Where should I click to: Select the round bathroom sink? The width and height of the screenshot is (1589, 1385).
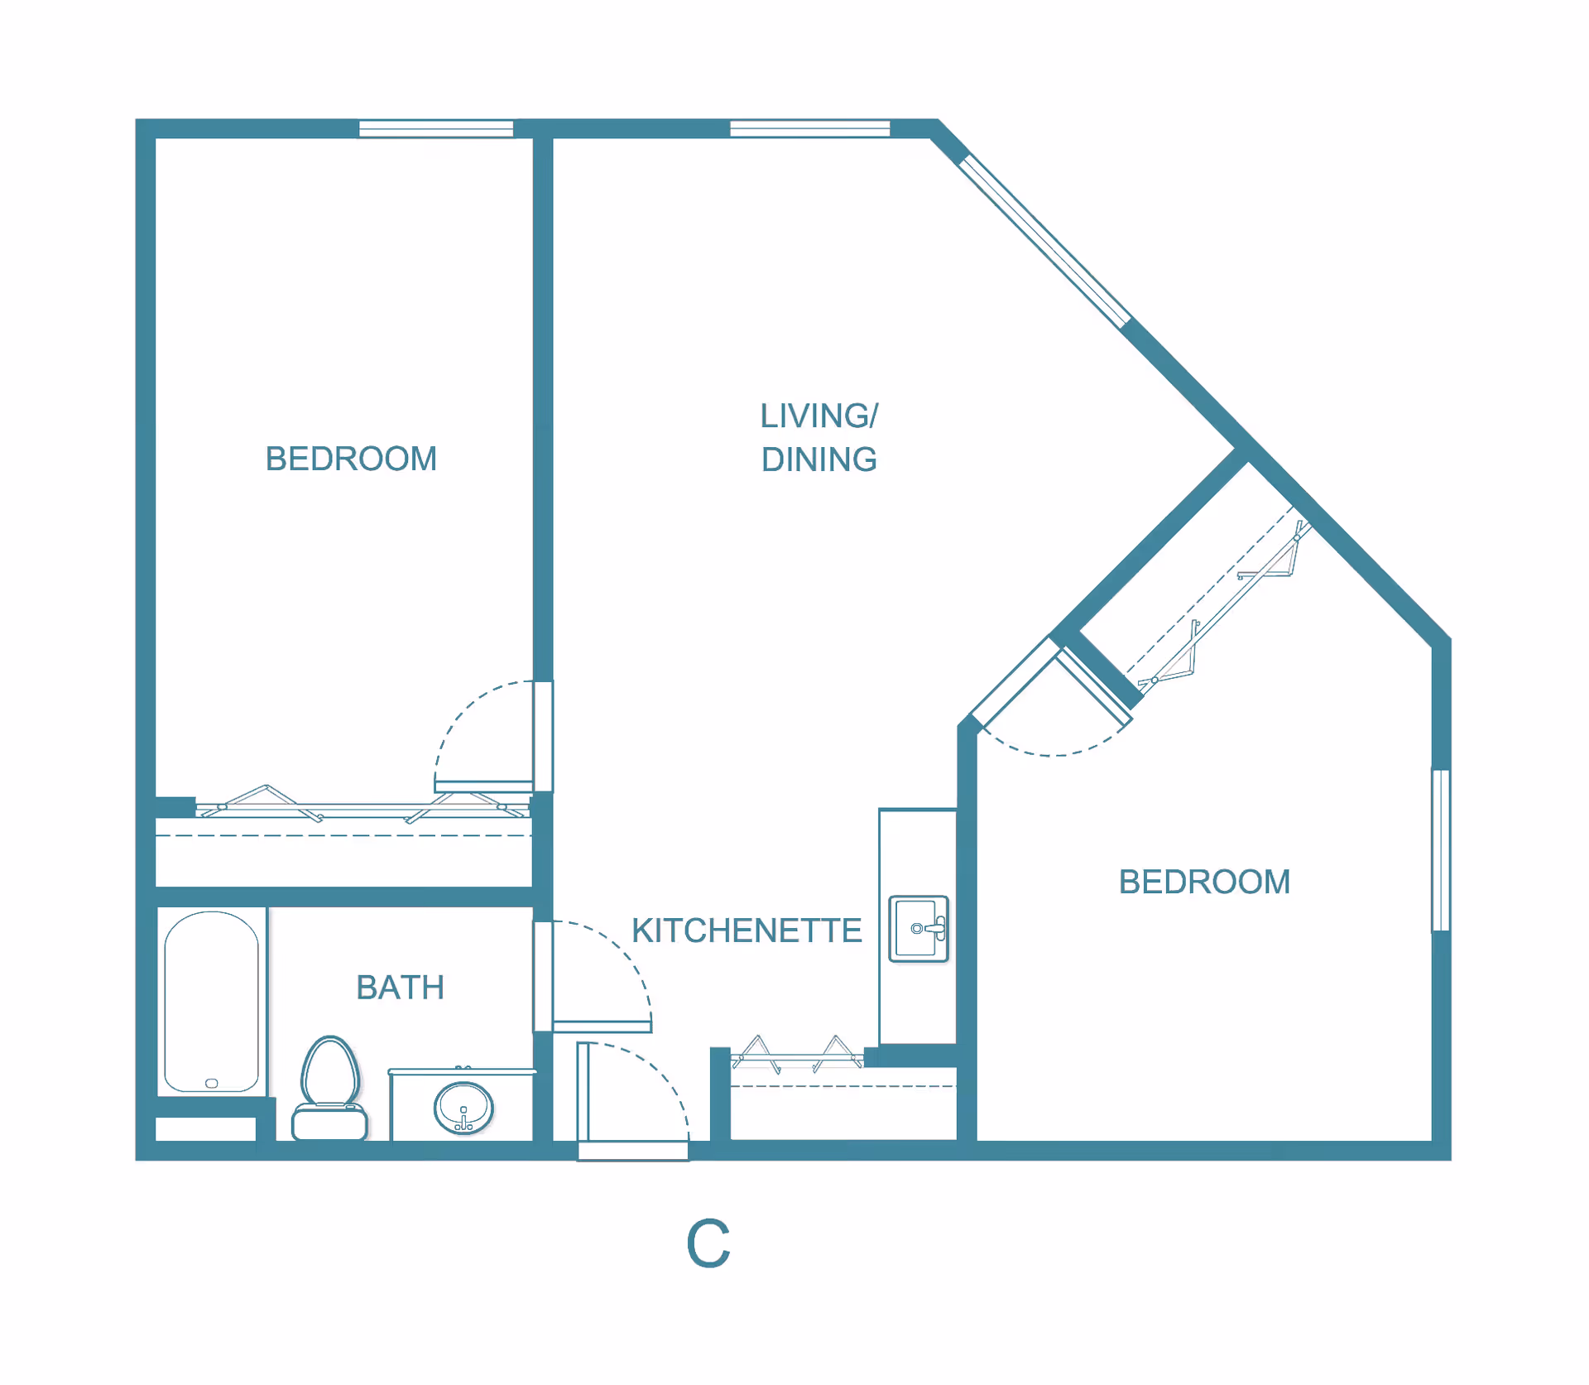[x=463, y=1108]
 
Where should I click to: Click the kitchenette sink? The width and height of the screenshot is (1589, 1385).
[x=918, y=928]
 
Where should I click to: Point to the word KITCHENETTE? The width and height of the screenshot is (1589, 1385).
[x=746, y=931]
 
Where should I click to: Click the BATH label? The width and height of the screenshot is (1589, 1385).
[x=401, y=988]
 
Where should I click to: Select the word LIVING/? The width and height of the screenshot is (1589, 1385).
[x=819, y=416]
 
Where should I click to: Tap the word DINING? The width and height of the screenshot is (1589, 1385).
[x=819, y=460]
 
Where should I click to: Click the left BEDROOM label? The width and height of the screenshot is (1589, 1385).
[x=351, y=459]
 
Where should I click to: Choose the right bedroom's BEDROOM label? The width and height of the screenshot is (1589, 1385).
[x=1204, y=882]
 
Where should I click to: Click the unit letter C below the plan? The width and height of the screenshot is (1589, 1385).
[x=708, y=1243]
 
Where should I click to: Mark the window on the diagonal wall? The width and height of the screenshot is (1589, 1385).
[x=1044, y=241]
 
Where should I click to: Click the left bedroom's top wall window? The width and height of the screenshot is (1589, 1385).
[x=436, y=128]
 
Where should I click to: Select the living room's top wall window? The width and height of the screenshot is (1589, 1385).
[x=809, y=128]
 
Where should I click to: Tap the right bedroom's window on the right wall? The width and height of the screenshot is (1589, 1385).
[x=1441, y=850]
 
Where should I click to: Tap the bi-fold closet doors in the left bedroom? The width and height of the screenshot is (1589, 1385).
[x=364, y=804]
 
